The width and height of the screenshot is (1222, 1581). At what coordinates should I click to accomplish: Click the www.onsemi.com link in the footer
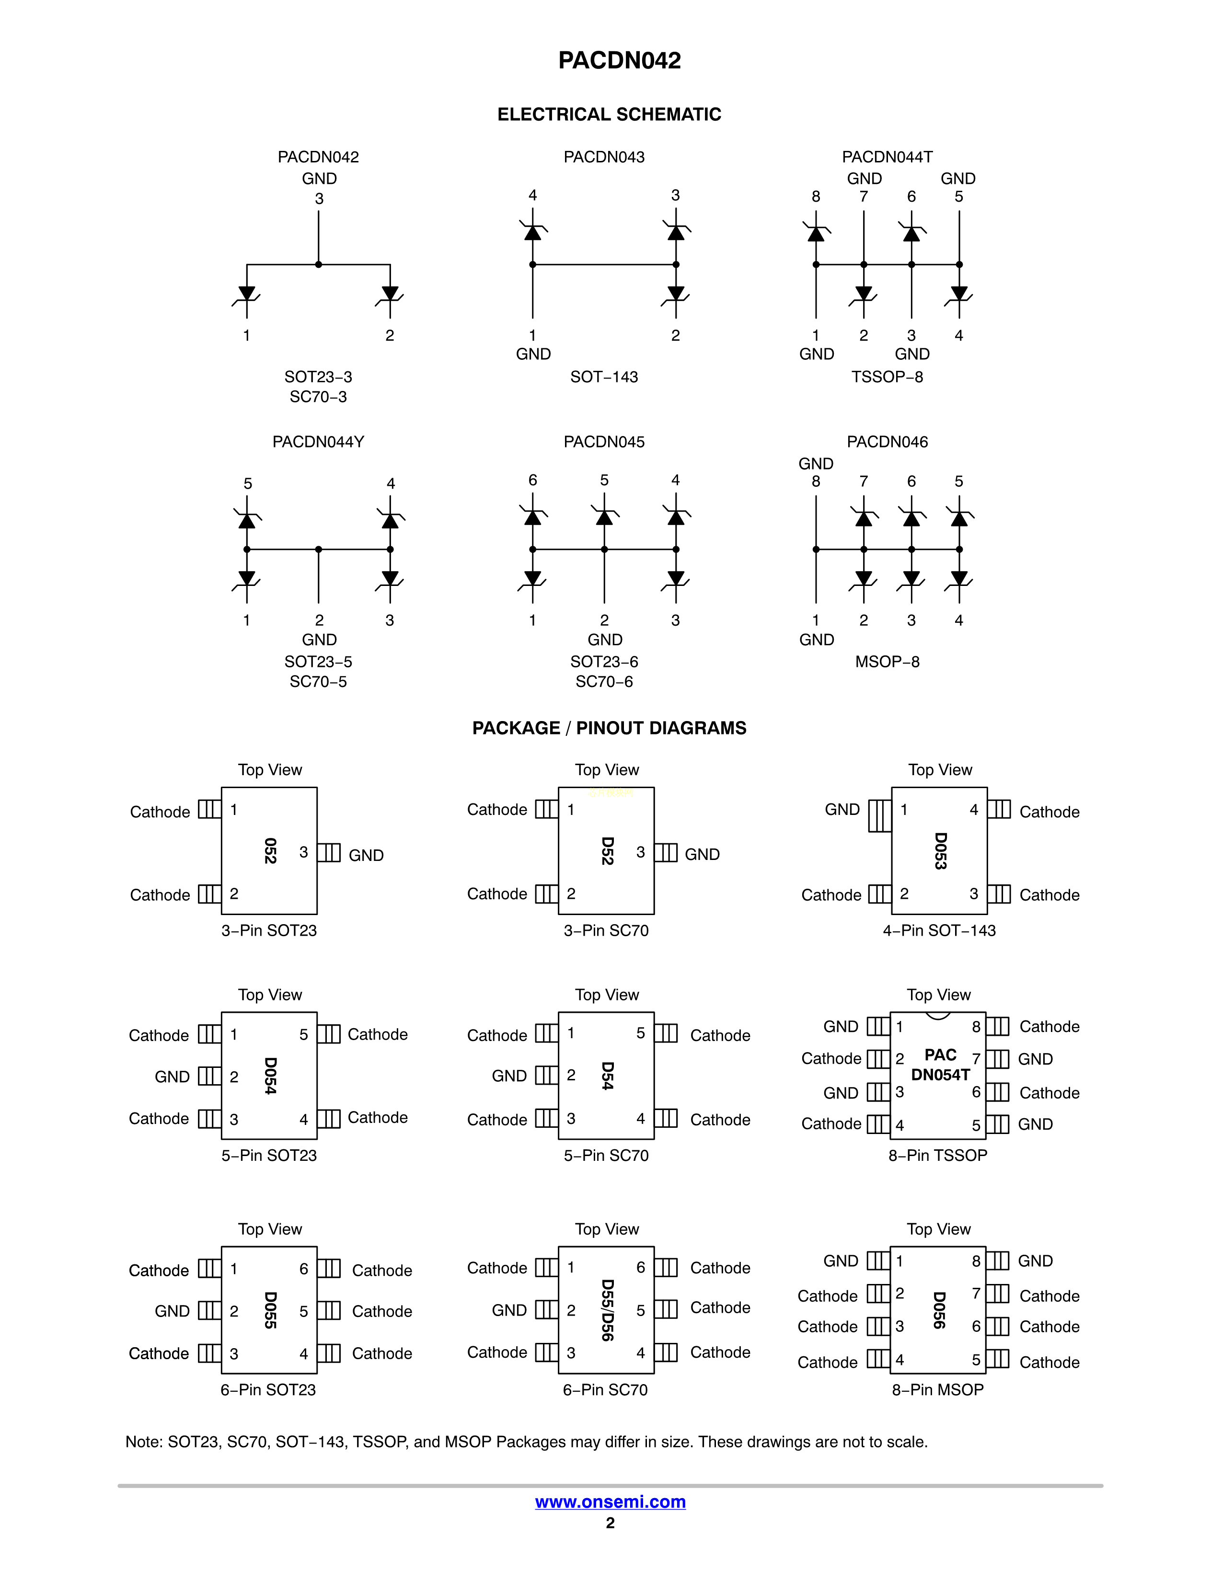pos(610,1501)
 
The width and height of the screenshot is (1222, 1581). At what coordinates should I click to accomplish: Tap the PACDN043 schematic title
pos(604,157)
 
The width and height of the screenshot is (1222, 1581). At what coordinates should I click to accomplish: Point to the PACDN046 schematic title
pos(887,442)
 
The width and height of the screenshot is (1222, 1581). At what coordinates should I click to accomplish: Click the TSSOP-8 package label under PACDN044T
pos(887,377)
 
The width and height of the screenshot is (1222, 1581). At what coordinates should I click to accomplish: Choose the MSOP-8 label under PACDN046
pos(887,662)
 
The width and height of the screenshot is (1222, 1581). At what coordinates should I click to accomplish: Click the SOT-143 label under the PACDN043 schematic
pos(604,377)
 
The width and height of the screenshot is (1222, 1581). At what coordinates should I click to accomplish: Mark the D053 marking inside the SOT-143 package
pos(940,850)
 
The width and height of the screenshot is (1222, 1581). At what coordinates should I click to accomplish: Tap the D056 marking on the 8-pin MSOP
pos(939,1310)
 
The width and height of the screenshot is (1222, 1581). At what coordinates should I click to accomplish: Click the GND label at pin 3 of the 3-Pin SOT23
pos(366,855)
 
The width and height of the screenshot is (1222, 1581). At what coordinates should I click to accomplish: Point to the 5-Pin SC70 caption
pos(606,1156)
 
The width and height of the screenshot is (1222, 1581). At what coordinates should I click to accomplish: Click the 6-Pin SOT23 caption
pos(268,1389)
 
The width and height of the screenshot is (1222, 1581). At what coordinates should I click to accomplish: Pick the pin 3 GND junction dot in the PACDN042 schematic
pos(319,265)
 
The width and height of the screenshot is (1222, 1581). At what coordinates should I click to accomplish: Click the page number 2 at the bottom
pos(610,1523)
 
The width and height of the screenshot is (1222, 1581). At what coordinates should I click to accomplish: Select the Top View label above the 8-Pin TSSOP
pos(939,995)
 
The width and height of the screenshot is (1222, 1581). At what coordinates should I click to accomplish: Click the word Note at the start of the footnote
pos(143,1442)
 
